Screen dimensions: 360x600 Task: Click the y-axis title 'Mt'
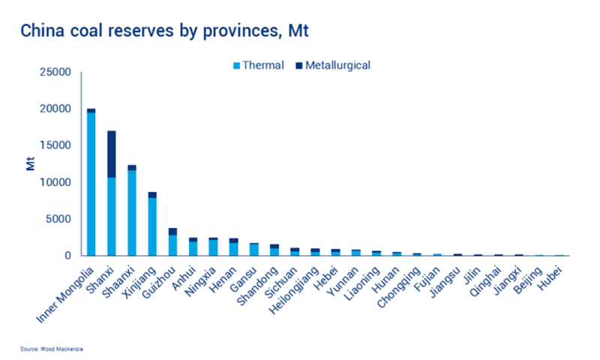click(x=31, y=163)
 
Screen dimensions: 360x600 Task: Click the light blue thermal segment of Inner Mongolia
click(x=91, y=184)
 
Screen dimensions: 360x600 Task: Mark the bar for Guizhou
click(x=172, y=242)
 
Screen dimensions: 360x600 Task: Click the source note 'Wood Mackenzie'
click(x=55, y=349)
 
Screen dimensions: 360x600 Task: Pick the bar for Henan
click(x=233, y=247)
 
